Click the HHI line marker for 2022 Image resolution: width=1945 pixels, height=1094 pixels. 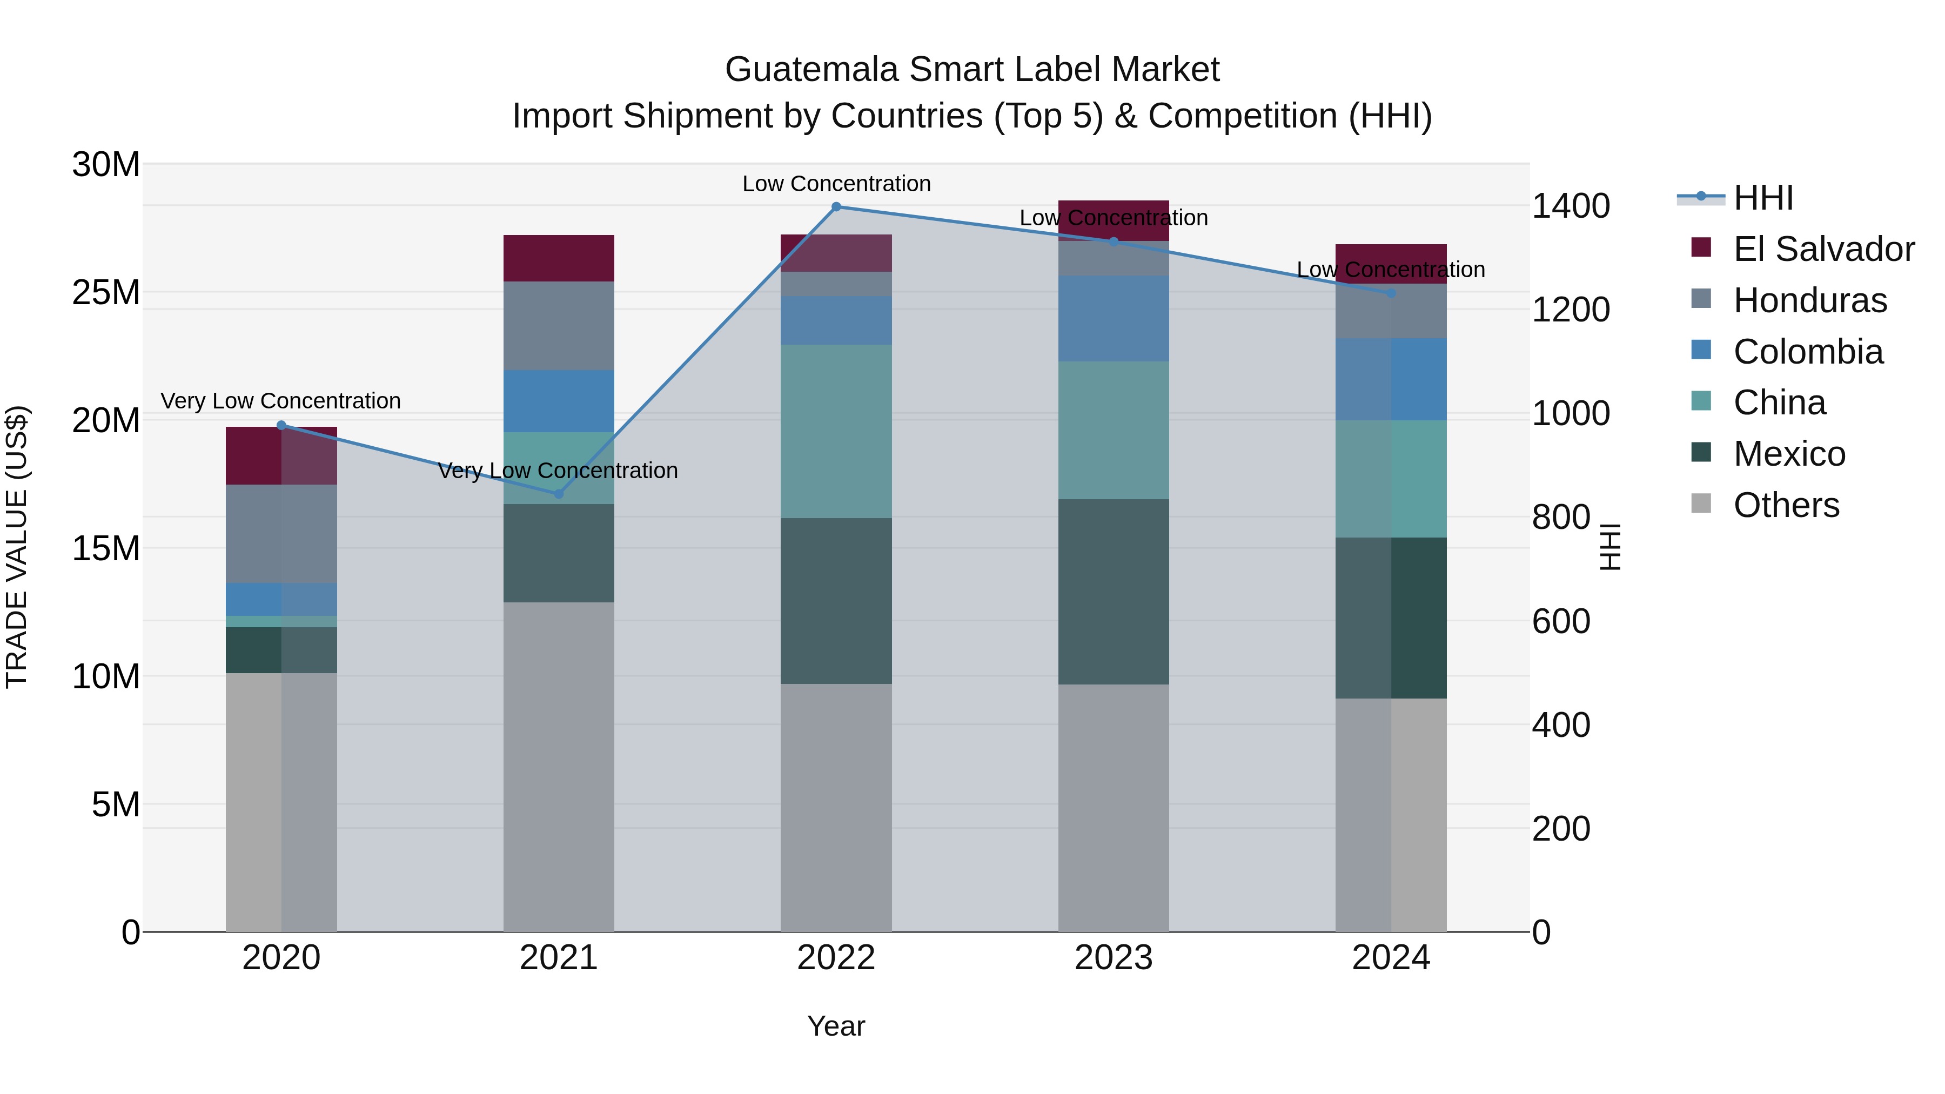click(836, 207)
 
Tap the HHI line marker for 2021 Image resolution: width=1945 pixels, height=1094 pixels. click(559, 494)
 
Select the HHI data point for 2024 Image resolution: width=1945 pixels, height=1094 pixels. click(1391, 293)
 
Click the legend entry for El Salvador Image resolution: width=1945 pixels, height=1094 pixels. click(1823, 249)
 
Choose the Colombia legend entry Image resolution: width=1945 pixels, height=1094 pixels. click(1808, 352)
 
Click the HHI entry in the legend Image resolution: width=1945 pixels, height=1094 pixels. click(1762, 198)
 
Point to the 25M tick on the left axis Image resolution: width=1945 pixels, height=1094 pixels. click(106, 292)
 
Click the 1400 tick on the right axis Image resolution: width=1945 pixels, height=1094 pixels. click(1571, 206)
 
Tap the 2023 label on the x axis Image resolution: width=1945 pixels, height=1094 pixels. click(1113, 958)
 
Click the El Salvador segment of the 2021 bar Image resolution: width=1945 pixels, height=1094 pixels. click(559, 258)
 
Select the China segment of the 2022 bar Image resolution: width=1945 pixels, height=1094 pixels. click(836, 431)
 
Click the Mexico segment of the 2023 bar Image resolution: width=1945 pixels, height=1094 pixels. click(1113, 592)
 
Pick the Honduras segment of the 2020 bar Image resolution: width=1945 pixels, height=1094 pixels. click(281, 534)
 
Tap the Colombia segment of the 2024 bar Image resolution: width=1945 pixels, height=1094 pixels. click(1391, 379)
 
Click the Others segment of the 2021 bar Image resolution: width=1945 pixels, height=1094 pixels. click(559, 766)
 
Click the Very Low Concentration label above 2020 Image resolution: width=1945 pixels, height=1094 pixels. click(281, 401)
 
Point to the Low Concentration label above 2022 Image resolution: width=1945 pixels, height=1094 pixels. click(836, 184)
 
